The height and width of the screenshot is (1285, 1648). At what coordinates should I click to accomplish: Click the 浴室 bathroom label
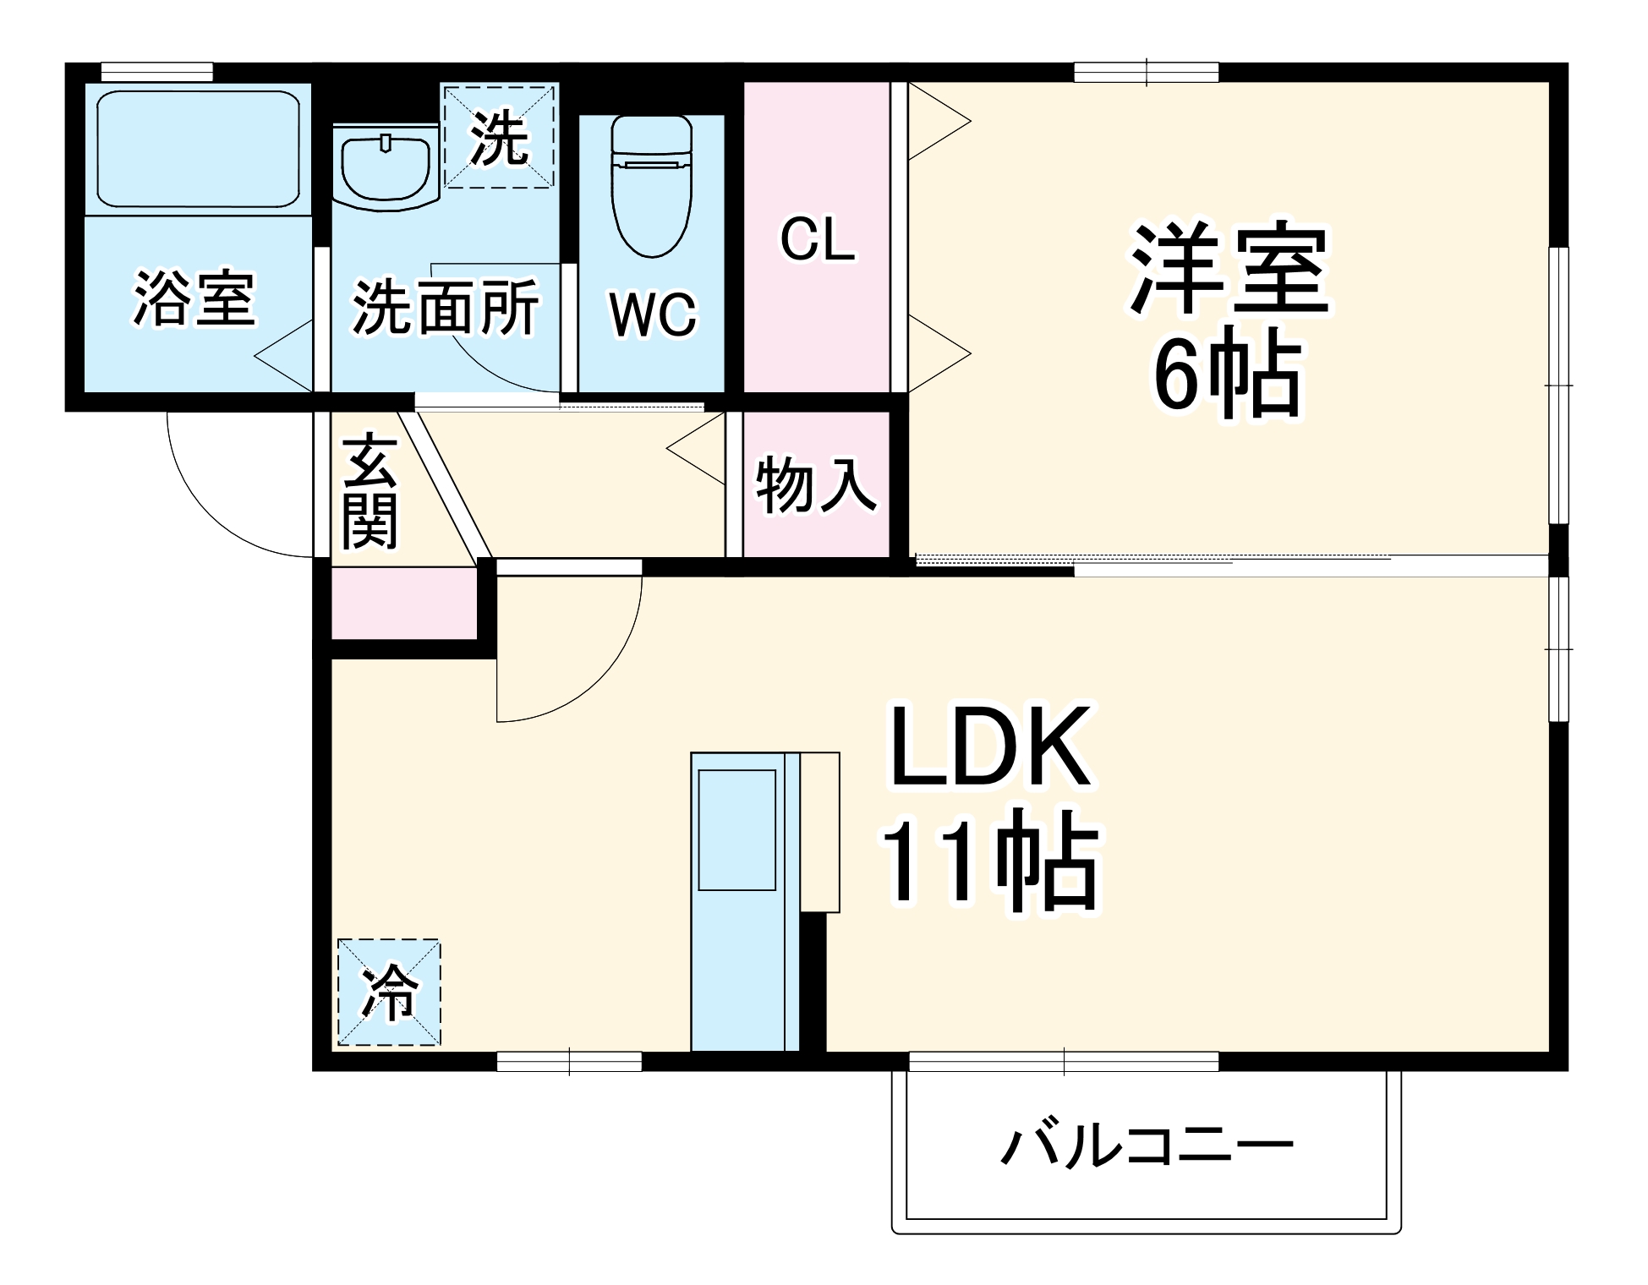tap(194, 298)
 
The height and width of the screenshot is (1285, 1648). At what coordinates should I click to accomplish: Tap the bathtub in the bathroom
tap(198, 149)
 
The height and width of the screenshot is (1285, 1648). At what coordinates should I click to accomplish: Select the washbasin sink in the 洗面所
tap(385, 168)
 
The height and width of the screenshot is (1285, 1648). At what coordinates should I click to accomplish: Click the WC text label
tap(653, 315)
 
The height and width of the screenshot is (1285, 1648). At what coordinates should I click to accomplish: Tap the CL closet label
tap(817, 240)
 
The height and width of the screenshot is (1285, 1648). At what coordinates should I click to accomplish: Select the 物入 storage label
tap(815, 484)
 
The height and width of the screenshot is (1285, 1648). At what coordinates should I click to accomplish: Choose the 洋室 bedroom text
tap(1230, 269)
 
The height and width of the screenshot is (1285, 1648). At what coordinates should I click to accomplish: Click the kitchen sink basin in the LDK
tap(736, 829)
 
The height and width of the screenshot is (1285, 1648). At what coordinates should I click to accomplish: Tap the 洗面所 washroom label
tap(446, 308)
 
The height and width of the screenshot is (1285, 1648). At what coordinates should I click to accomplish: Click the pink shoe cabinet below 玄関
tap(403, 604)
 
